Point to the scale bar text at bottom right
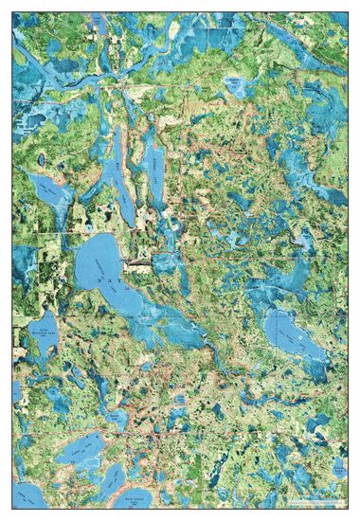(317, 499)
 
